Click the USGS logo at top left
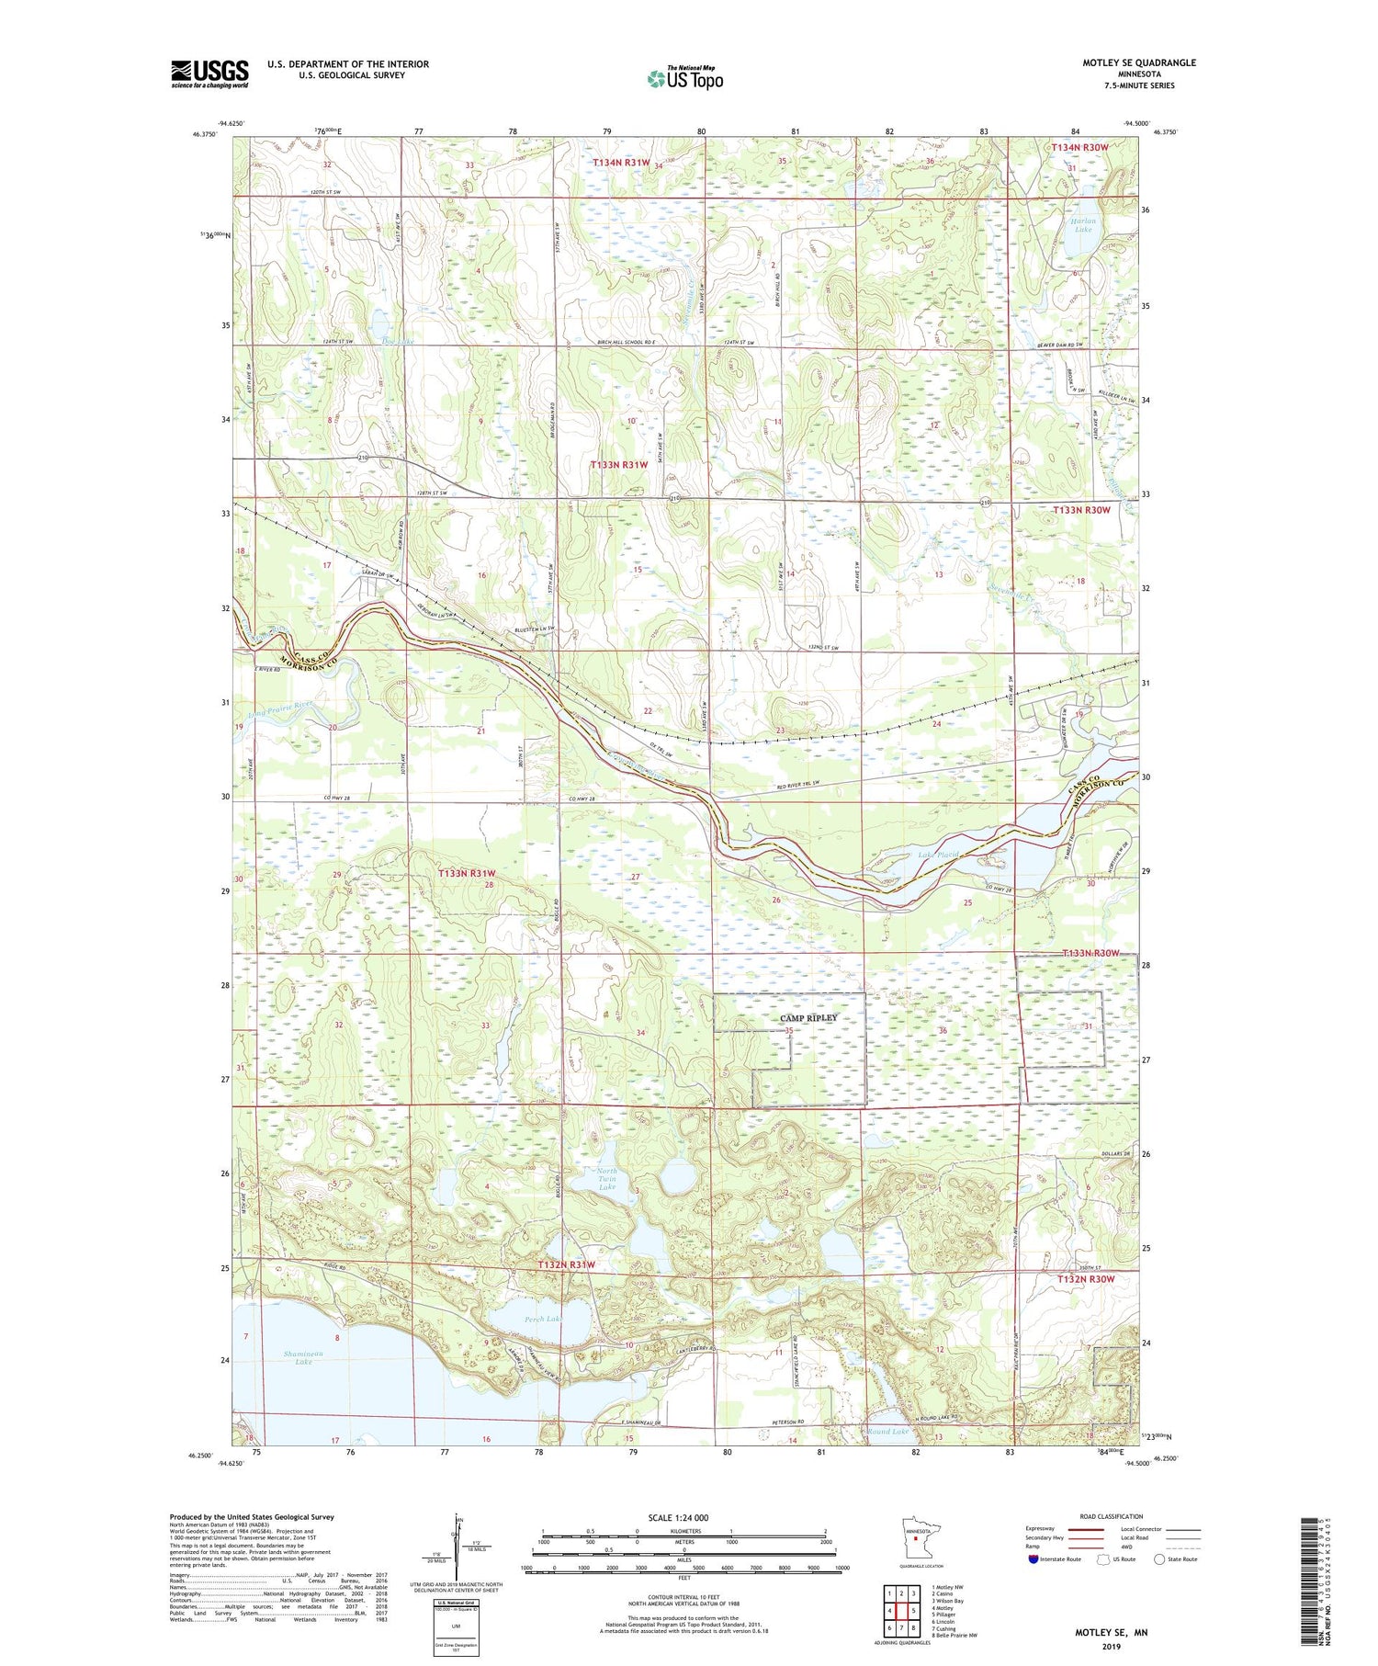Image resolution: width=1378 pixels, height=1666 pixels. pyautogui.click(x=209, y=74)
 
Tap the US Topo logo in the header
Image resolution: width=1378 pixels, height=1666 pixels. pyautogui.click(x=685, y=79)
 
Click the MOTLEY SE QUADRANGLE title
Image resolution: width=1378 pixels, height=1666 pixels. pyautogui.click(x=1138, y=62)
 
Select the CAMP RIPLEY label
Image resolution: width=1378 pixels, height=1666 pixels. pyautogui.click(x=808, y=1018)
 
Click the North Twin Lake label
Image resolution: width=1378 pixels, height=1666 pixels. pyautogui.click(x=606, y=1179)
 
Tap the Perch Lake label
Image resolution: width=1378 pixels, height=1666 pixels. pyautogui.click(x=543, y=1319)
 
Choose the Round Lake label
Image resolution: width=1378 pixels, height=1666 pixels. pyautogui.click(x=887, y=1432)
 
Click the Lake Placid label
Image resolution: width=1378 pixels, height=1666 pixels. pyautogui.click(x=938, y=855)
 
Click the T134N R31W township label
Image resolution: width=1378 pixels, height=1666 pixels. pyautogui.click(x=621, y=162)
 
